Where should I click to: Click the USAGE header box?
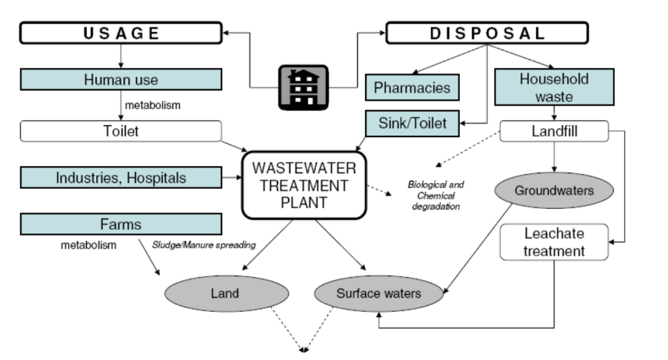[x=121, y=33]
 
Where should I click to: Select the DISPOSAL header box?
[x=487, y=33]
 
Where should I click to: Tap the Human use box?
[x=121, y=79]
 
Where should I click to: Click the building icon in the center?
[x=303, y=87]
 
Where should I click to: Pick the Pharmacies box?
[x=413, y=87]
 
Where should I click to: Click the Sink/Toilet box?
[x=413, y=123]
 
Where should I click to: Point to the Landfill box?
[x=555, y=131]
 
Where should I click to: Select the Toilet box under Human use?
[x=121, y=131]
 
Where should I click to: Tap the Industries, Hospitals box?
[x=121, y=177]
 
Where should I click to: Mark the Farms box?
[x=121, y=223]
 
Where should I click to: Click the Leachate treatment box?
[x=554, y=242]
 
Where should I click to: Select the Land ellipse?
[x=224, y=293]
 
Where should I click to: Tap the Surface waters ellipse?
[x=378, y=293]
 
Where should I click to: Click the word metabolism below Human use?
[x=153, y=105]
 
